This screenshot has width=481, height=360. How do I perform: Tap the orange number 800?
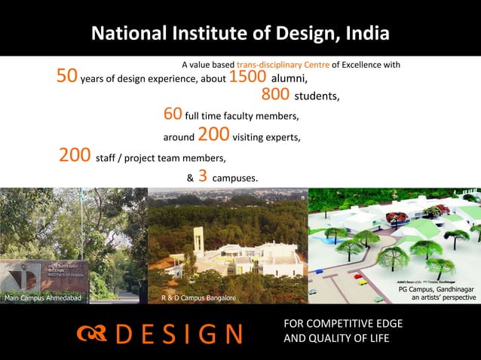click(275, 95)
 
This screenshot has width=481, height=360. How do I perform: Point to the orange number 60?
click(173, 114)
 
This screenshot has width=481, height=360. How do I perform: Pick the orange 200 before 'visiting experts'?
click(213, 135)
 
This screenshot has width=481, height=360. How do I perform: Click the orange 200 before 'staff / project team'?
click(75, 156)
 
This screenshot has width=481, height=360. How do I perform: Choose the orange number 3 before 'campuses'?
click(203, 176)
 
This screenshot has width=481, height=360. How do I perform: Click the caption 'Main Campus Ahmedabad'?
click(42, 298)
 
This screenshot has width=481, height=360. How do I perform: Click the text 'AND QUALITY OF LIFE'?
click(336, 338)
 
